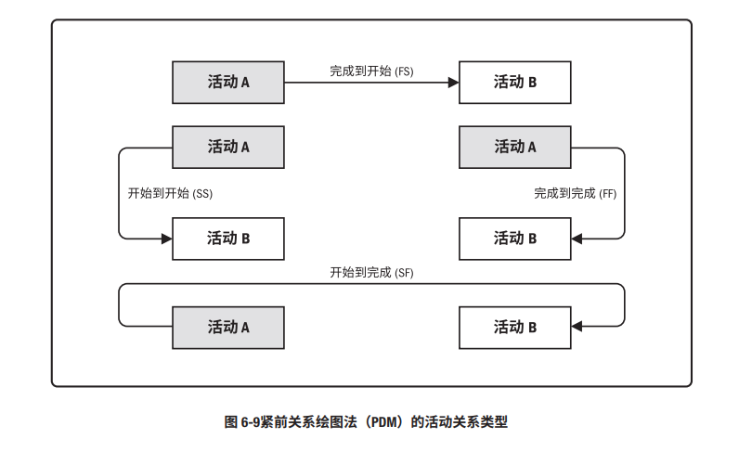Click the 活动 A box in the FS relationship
[228, 83]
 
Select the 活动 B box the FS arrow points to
[514, 83]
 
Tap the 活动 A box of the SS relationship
[228, 147]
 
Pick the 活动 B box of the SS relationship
[228, 239]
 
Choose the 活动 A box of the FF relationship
[514, 147]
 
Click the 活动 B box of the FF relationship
[514, 239]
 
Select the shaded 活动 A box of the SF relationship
[228, 327]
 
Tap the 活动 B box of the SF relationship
[514, 327]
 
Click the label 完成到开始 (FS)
[371, 71]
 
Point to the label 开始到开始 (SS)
[170, 193]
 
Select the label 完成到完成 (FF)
[575, 193]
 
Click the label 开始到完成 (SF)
[371, 273]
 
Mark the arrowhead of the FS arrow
[454, 83]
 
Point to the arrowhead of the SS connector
[167, 239]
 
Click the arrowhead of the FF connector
[577, 239]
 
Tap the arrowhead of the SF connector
[577, 327]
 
